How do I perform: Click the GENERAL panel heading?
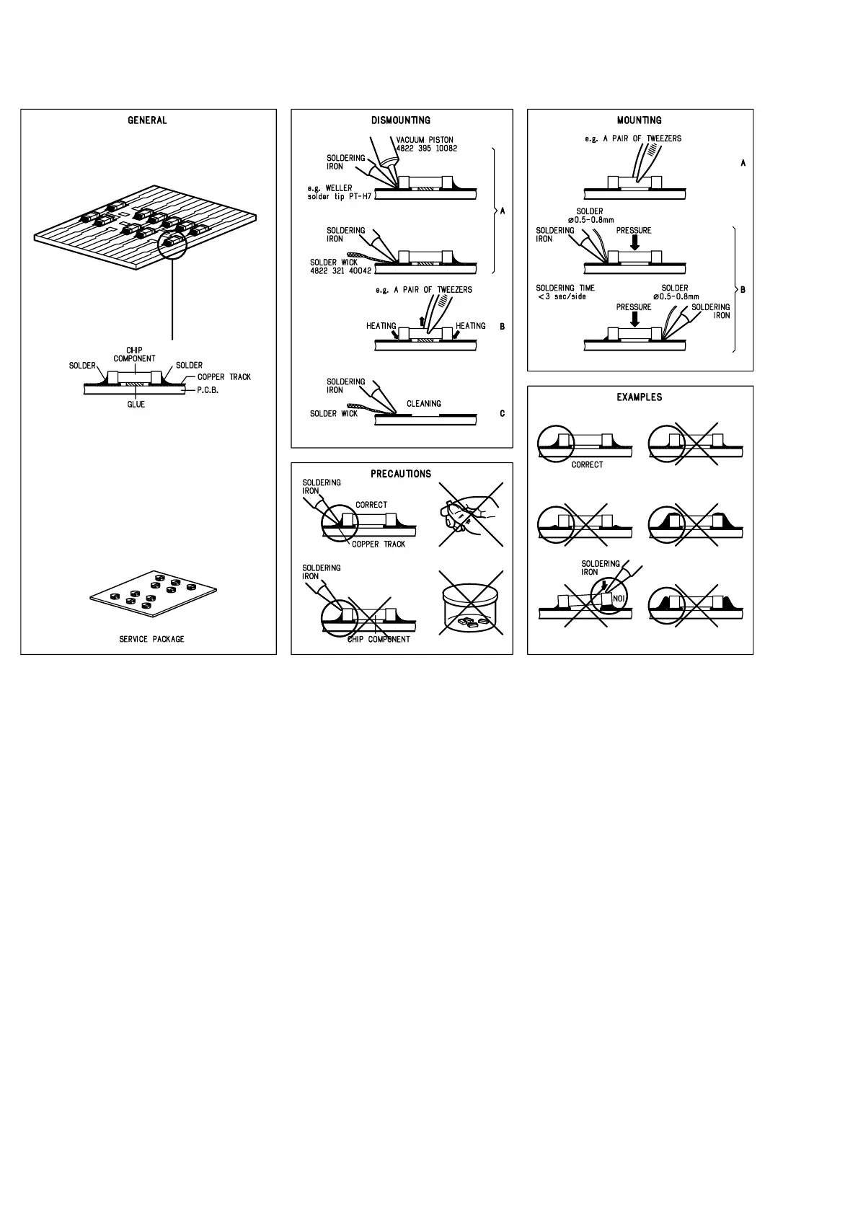[x=147, y=120]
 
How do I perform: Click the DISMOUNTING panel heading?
[x=401, y=120]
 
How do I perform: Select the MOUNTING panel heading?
[x=639, y=120]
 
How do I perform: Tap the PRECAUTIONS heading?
[x=401, y=474]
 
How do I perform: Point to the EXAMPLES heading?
[x=639, y=397]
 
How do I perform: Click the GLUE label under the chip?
[x=136, y=405]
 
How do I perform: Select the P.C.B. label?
[x=208, y=390]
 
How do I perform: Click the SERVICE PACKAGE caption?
[x=151, y=639]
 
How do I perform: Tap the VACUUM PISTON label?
[x=425, y=140]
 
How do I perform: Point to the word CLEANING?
[x=424, y=404]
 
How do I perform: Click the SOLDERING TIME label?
[x=565, y=288]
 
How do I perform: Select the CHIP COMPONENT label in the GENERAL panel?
[x=134, y=355]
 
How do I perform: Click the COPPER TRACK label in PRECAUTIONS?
[x=379, y=544]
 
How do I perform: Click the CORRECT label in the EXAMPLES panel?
[x=587, y=465]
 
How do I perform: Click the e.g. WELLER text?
[x=330, y=188]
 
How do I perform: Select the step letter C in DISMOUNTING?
[x=502, y=414]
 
